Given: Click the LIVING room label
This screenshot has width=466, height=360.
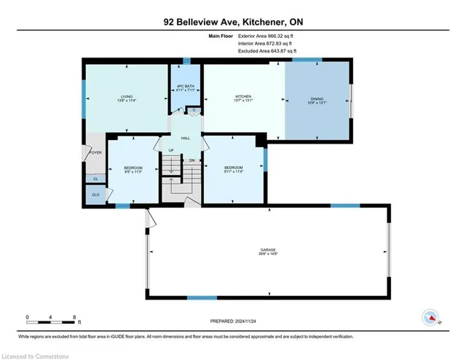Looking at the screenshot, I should [127, 96].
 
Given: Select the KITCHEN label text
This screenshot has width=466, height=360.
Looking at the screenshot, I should [243, 96].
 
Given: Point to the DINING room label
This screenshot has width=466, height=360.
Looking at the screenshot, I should [317, 99].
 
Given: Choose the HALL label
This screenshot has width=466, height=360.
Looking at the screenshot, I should [186, 137].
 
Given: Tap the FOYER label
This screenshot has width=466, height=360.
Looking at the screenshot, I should [95, 152].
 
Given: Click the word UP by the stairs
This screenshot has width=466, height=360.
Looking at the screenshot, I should [171, 152].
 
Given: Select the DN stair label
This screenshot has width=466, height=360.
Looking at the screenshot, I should [192, 160].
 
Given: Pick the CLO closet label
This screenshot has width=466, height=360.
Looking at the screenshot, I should [95, 195].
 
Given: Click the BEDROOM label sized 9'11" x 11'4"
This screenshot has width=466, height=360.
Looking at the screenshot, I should [232, 169].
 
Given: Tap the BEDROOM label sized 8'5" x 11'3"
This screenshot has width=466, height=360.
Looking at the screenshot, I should [133, 169].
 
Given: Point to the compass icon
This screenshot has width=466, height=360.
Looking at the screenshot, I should [430, 317].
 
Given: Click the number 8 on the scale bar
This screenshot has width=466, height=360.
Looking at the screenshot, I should [74, 318].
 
